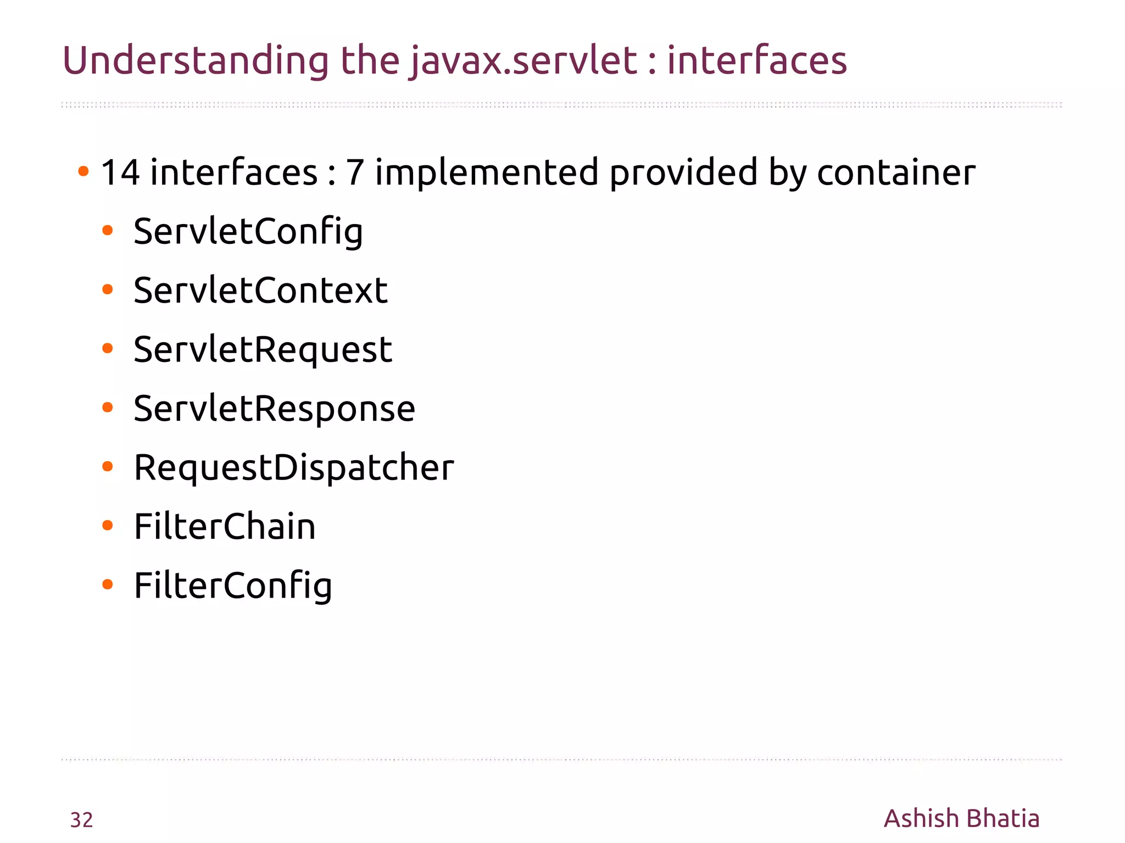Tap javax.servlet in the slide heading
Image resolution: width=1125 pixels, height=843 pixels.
[x=523, y=60]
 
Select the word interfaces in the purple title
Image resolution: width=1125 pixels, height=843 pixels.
[x=757, y=60]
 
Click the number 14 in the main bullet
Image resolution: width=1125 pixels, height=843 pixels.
[x=120, y=172]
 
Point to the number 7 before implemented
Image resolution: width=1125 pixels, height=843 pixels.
[x=355, y=172]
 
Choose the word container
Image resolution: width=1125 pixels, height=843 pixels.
[x=896, y=172]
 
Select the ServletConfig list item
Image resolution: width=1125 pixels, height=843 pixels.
[x=248, y=232]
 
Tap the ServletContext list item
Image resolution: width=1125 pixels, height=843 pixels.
[x=260, y=291]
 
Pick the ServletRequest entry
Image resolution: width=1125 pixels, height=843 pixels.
[x=263, y=350]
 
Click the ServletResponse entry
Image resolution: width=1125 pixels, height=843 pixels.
[x=274, y=409]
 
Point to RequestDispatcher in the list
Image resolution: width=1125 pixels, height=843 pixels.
[x=294, y=468]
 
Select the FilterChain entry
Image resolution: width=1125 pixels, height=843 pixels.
[x=225, y=527]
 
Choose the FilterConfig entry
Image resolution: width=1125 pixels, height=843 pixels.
[x=233, y=586]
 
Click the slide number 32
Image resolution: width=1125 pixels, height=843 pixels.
[x=82, y=820]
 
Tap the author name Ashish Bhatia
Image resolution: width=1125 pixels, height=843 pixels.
[x=961, y=818]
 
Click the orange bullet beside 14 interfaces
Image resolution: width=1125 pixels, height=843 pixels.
[x=83, y=171]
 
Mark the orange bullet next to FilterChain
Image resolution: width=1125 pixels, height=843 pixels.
[x=108, y=526]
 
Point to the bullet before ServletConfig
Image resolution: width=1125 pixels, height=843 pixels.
[x=108, y=231]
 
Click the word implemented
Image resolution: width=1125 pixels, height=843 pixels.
[x=487, y=172]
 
